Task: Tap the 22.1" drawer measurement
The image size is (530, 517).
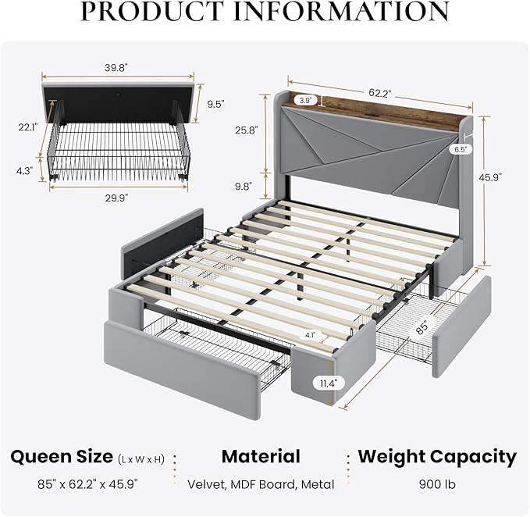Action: pos(28,127)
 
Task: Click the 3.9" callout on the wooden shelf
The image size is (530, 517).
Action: pos(304,100)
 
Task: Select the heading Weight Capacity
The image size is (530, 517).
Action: pos(437,457)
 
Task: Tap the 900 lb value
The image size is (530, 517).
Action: pos(437,484)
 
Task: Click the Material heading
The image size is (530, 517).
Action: pos(261,457)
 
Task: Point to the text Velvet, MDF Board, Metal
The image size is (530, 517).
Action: pos(261,484)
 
